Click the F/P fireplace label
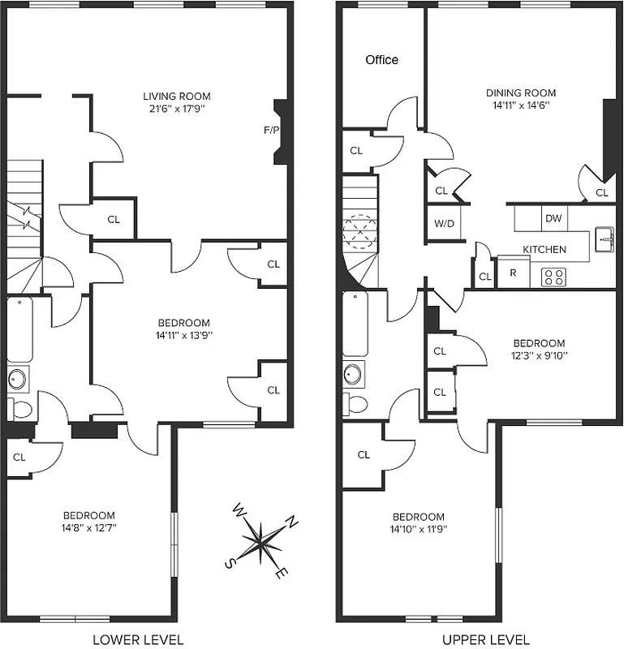click(271, 130)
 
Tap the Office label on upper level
click(381, 60)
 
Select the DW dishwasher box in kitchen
click(553, 218)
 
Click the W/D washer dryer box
click(443, 223)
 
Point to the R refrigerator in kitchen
click(513, 273)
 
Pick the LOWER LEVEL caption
click(137, 639)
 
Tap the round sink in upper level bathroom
click(353, 374)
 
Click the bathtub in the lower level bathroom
click(19, 329)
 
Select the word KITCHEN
click(544, 249)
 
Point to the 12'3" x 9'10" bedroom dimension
click(539, 355)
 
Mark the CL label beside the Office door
click(357, 151)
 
